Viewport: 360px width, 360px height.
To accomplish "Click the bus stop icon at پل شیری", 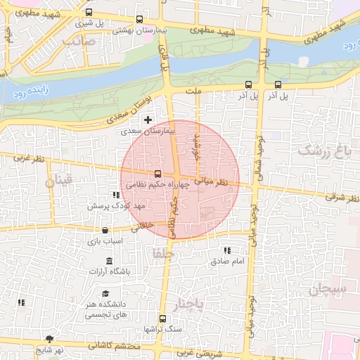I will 89,12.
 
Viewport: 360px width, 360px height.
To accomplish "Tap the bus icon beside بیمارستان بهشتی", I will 139,20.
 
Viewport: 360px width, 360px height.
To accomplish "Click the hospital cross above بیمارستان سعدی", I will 147,120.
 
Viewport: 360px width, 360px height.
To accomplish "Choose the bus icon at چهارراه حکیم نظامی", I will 157,173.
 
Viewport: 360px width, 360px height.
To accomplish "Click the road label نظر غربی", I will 28,158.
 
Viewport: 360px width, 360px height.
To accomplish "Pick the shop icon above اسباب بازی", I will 105,230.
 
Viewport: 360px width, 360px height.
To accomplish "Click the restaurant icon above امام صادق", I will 226,250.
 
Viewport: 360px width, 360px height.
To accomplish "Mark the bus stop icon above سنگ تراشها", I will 163,318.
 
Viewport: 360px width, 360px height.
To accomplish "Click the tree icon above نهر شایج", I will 49,338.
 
